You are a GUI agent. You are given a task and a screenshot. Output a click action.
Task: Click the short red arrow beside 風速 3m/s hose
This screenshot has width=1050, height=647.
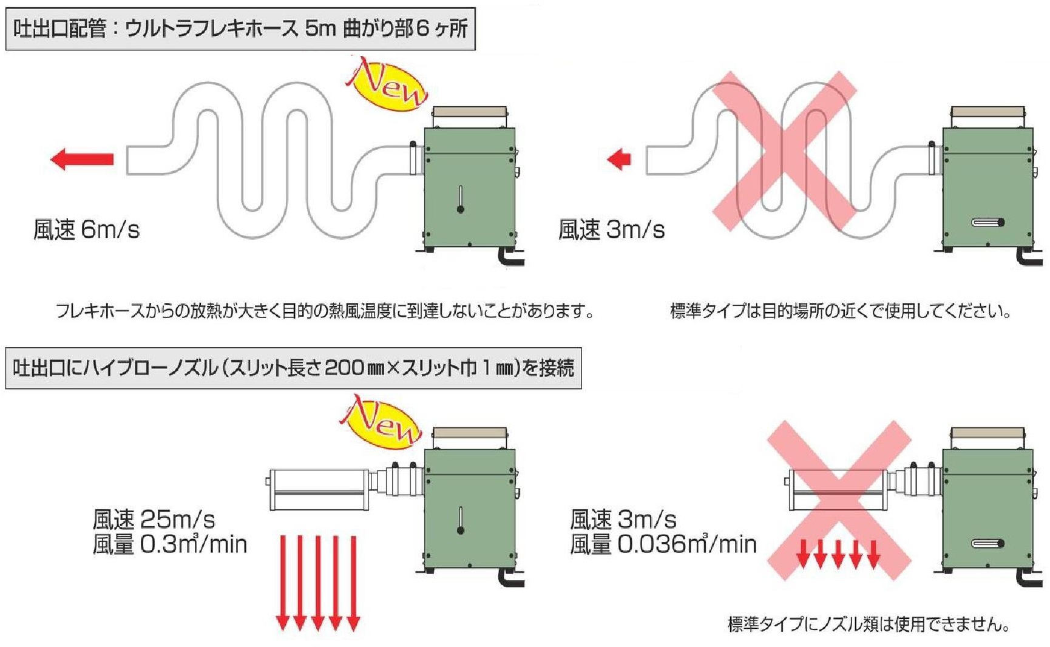[x=619, y=160]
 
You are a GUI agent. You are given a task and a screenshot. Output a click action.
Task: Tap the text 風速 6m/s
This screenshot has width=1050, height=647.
[x=86, y=230]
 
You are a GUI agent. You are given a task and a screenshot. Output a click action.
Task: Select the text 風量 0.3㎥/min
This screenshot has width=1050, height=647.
[x=170, y=544]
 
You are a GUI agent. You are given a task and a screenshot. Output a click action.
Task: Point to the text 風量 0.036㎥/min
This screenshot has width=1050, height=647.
[x=663, y=544]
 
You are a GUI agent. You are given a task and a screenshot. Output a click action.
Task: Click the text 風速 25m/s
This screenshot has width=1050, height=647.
[x=154, y=520]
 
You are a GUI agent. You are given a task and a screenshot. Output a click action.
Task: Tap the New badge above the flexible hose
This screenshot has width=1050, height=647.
[x=387, y=85]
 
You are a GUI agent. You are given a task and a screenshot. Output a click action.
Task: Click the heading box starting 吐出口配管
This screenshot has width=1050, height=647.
[x=240, y=29]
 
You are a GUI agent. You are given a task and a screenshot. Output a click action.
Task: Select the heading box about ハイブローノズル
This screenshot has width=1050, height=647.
[x=293, y=368]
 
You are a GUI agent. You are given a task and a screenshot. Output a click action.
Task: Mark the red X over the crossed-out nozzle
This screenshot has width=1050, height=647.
[x=839, y=499]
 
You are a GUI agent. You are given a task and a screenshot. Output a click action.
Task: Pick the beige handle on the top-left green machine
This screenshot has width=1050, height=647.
[x=469, y=112]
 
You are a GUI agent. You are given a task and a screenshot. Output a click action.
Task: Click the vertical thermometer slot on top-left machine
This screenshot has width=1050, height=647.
[x=461, y=199]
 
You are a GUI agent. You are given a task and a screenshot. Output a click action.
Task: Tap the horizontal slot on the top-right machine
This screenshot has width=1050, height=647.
[x=987, y=223]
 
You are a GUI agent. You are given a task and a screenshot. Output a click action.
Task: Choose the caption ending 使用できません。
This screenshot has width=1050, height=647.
[x=869, y=624]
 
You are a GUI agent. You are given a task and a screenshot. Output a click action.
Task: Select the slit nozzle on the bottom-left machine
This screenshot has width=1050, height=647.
[x=319, y=489]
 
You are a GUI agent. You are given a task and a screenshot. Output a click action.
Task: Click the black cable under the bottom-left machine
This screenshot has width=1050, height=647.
[x=510, y=579]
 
